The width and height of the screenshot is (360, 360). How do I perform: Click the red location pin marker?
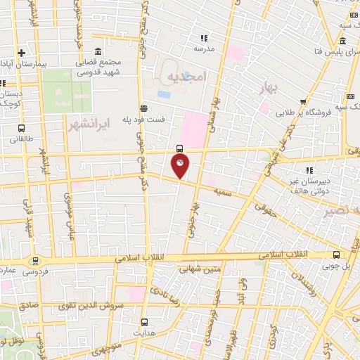pyautogui.click(x=180, y=166)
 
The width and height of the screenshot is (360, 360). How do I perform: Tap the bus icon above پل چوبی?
pyautogui.click(x=336, y=255)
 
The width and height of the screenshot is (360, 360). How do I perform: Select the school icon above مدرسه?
pyautogui.click(x=204, y=38)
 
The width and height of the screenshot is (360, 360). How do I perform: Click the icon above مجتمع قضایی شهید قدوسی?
pyautogui.click(x=97, y=52)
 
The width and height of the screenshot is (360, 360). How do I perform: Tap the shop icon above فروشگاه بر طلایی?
pyautogui.click(x=303, y=101)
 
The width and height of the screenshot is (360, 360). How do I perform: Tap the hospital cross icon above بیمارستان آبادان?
pyautogui.click(x=21, y=53)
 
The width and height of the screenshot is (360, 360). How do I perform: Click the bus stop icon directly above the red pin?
pyautogui.click(x=180, y=148)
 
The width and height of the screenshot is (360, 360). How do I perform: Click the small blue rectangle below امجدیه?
pyautogui.click(x=164, y=94)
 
